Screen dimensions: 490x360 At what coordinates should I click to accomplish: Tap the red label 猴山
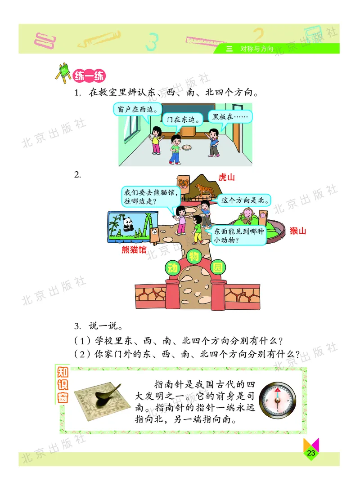click(x=297, y=231)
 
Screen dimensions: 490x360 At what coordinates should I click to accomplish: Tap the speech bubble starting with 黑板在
click(x=229, y=116)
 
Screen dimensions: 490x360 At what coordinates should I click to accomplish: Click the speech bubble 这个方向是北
click(x=243, y=200)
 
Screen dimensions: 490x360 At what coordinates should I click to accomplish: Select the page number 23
click(x=310, y=453)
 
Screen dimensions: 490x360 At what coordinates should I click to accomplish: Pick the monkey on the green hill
click(x=247, y=216)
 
